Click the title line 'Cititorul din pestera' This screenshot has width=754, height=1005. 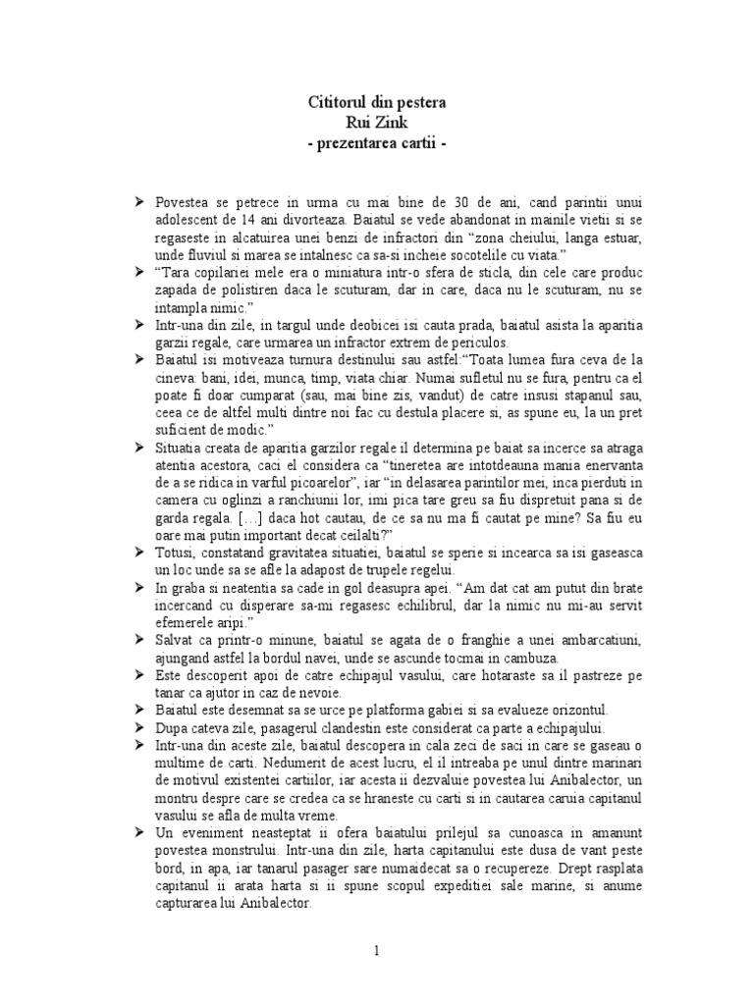pos(376,102)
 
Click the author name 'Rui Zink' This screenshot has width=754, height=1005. pos(376,123)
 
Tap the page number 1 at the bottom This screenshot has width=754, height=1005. pos(376,950)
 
